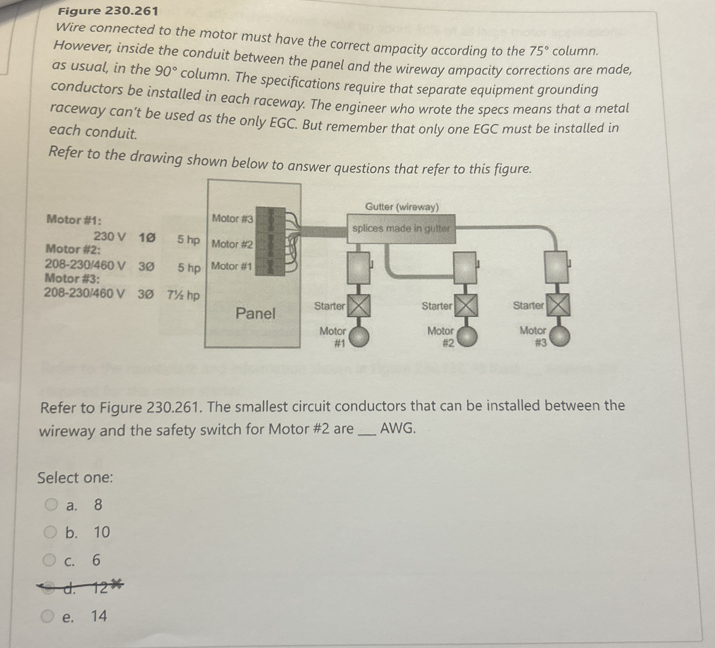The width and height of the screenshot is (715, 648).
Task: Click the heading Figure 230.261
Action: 108,11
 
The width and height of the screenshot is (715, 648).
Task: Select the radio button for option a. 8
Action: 51,505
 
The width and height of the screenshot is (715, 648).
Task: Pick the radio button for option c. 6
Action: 50,560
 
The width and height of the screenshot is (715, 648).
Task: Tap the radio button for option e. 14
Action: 47,617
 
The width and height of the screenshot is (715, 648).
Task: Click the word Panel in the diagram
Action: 255,313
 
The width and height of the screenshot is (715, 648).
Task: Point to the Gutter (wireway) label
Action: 402,207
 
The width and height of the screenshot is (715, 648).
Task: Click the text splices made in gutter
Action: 401,229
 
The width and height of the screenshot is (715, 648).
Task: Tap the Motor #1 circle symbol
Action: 358,336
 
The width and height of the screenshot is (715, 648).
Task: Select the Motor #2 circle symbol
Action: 466,336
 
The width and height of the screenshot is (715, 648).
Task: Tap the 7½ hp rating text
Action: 183,295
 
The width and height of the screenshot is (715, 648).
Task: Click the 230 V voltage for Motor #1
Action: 109,236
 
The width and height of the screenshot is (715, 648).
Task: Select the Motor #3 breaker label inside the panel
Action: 232,218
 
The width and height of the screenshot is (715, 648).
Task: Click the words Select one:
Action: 75,477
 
